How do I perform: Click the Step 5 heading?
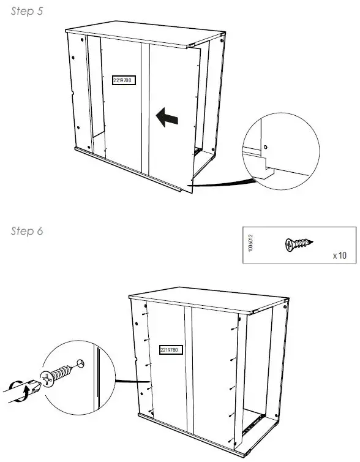(27, 12)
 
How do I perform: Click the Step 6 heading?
(27, 231)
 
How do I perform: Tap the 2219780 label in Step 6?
(168, 350)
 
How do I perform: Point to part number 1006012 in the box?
(251, 244)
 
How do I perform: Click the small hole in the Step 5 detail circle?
(265, 146)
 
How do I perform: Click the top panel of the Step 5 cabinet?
(141, 36)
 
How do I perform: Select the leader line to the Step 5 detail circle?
(220, 183)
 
